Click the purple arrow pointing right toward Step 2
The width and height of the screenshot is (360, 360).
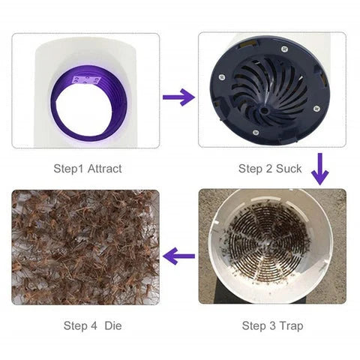click(x=178, y=97)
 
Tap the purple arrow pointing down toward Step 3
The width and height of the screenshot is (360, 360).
click(x=320, y=169)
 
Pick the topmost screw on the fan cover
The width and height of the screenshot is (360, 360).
click(x=283, y=52)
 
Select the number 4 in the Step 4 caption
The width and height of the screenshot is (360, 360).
click(x=91, y=325)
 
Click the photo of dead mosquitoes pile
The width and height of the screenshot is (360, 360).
click(x=85, y=247)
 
